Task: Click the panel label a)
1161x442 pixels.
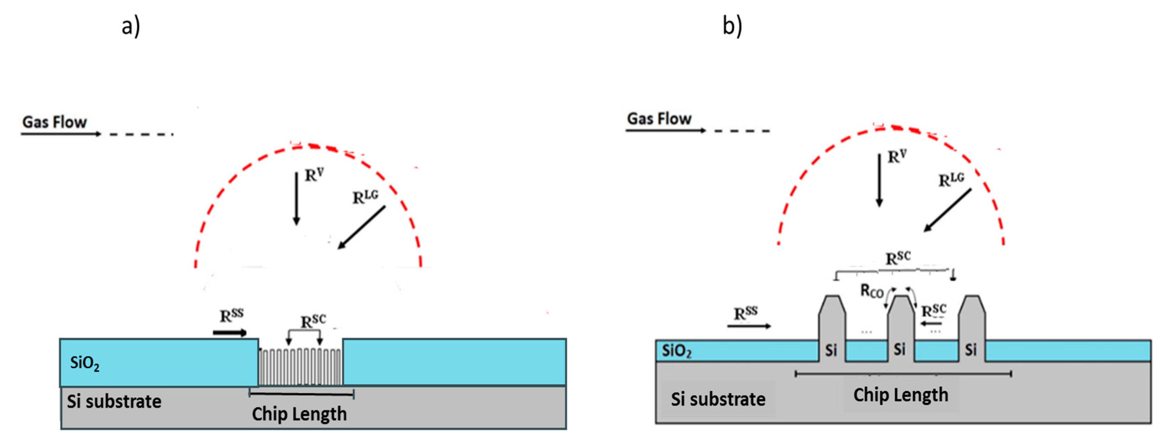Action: (131, 26)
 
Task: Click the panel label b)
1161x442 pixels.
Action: (732, 25)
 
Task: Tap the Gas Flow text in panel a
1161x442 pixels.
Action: (54, 122)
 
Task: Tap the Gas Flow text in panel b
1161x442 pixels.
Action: (660, 119)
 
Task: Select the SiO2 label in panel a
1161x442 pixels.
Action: (85, 363)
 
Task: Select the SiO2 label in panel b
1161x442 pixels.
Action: (676, 350)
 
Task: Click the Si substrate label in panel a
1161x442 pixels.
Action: (114, 401)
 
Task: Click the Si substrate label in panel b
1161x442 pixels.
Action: (718, 399)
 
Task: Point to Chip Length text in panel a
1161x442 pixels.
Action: (299, 414)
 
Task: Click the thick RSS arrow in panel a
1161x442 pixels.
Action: (230, 333)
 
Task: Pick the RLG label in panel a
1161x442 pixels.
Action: (365, 197)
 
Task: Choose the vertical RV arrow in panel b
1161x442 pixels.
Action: (879, 180)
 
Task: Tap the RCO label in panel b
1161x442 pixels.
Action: (872, 291)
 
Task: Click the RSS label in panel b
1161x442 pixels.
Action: (746, 313)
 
